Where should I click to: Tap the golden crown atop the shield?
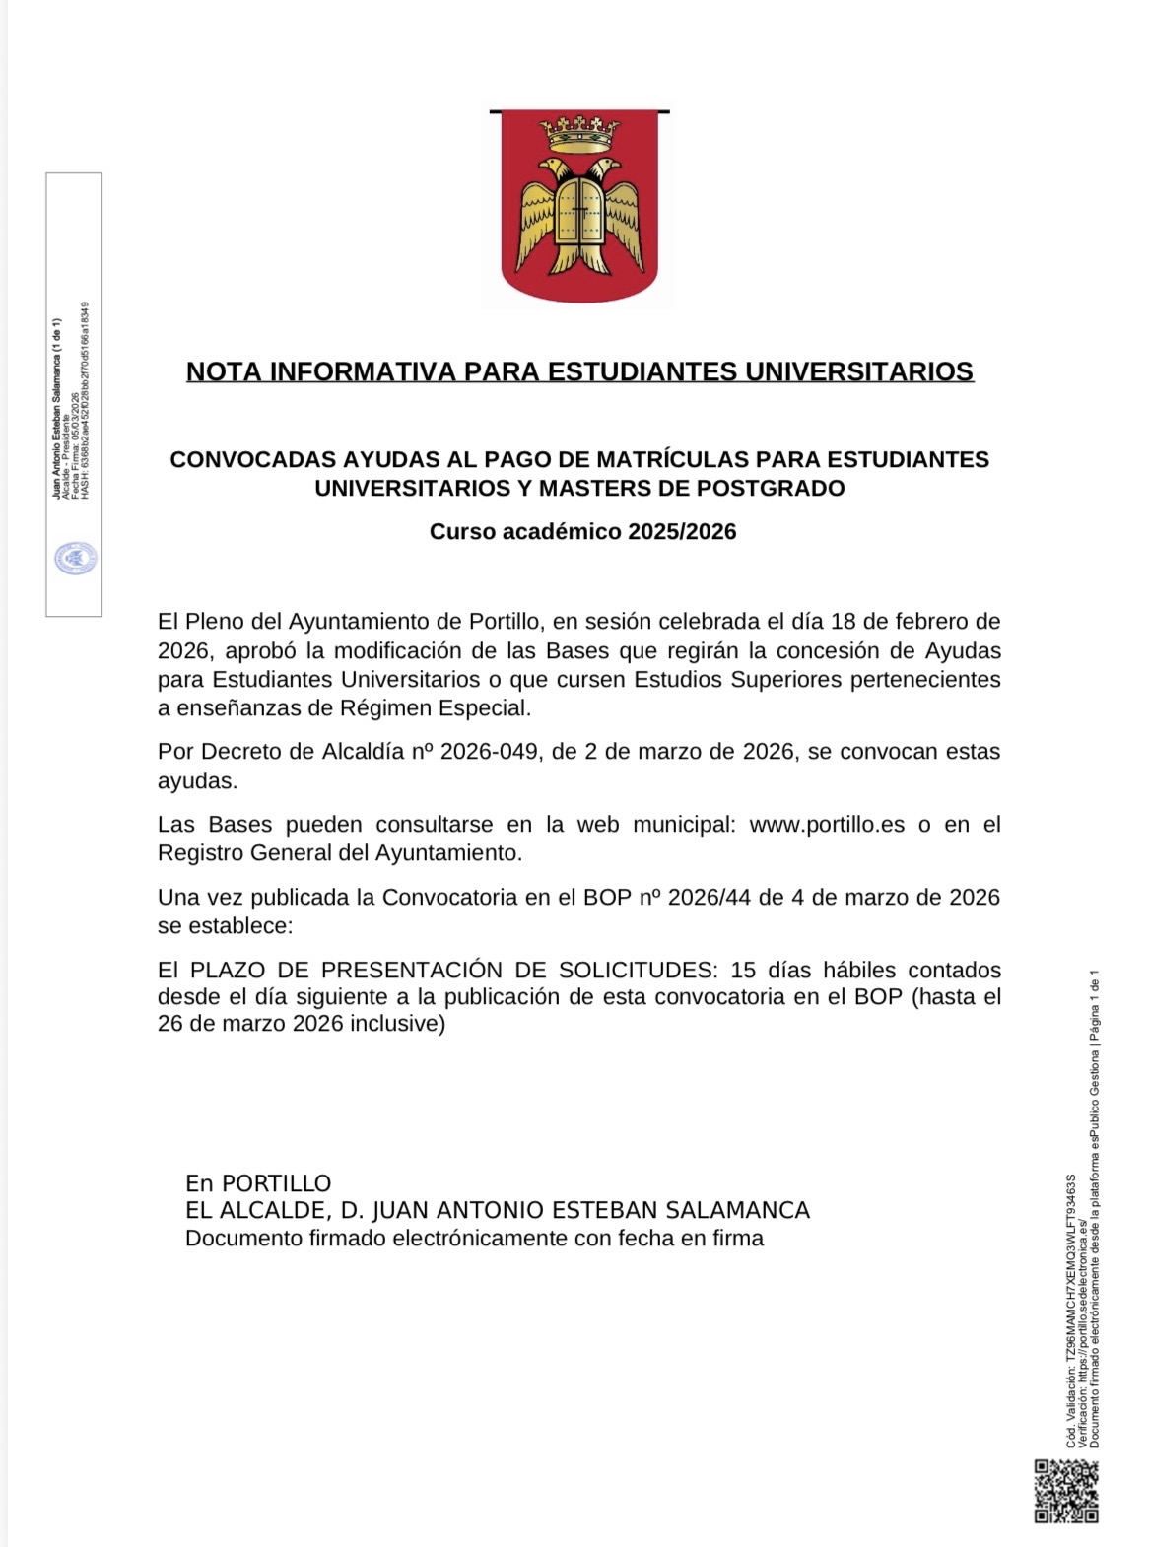pyautogui.click(x=579, y=132)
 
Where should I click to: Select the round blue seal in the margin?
pyautogui.click(x=75, y=559)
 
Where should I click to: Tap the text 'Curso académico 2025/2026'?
pyautogui.click(x=582, y=531)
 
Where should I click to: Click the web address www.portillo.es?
pyautogui.click(x=827, y=824)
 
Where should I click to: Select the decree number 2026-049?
pyautogui.click(x=490, y=751)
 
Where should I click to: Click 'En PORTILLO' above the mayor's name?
pyautogui.click(x=258, y=1182)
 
